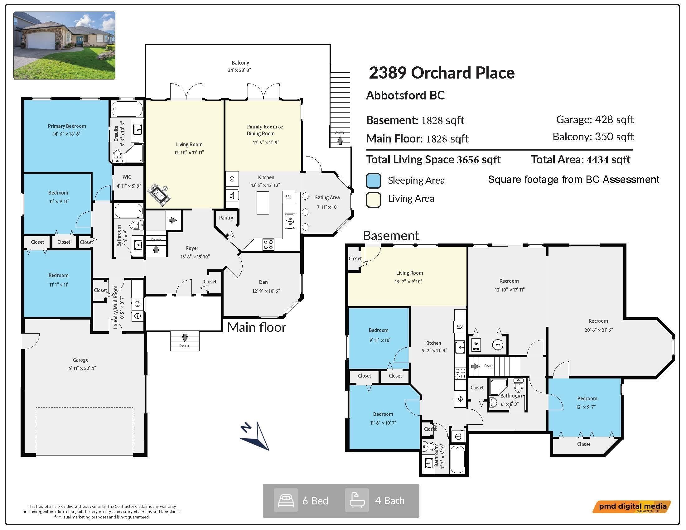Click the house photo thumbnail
tap(65, 46)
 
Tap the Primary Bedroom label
tap(67, 126)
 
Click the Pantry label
tap(226, 218)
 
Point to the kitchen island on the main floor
tap(263, 203)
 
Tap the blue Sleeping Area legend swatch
tap(374, 181)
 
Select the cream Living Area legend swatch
tap(374, 200)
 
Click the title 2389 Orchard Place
tap(442, 73)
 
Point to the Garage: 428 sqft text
tap(595, 120)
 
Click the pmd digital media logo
tap(632, 507)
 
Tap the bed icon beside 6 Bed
tap(286, 500)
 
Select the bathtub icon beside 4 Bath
tap(357, 500)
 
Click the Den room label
tap(263, 282)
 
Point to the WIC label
tap(127, 177)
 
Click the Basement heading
tap(391, 235)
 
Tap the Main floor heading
tap(257, 327)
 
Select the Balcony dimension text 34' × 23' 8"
tap(239, 70)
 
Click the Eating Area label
tap(327, 197)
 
